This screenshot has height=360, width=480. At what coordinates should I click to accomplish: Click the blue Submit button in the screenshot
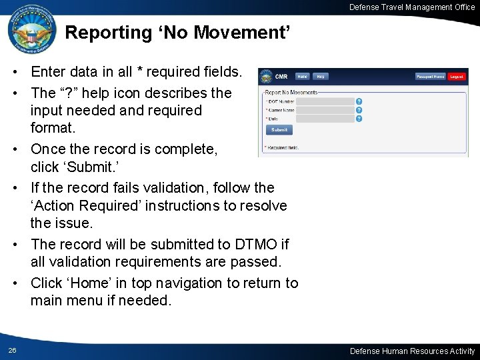pyautogui.click(x=279, y=130)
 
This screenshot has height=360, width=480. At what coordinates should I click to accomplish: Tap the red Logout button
pyautogui.click(x=457, y=77)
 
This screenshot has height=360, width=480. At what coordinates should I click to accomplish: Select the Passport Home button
pyautogui.click(x=431, y=77)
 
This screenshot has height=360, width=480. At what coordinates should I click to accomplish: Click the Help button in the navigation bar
pyautogui.click(x=321, y=77)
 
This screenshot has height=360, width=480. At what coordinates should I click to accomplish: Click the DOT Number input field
pyautogui.click(x=325, y=101)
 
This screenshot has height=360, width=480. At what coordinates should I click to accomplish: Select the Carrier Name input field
pyautogui.click(x=325, y=110)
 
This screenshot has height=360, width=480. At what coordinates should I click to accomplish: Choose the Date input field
pyautogui.click(x=325, y=119)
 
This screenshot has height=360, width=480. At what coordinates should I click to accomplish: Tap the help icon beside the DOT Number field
pyautogui.click(x=359, y=101)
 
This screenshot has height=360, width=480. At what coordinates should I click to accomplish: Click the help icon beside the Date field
pyautogui.click(x=359, y=119)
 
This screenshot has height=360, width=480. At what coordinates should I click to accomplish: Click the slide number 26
pyautogui.click(x=13, y=351)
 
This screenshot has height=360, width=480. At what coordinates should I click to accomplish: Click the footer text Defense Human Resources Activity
pyautogui.click(x=413, y=351)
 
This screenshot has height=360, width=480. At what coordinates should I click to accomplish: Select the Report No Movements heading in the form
pyautogui.click(x=291, y=92)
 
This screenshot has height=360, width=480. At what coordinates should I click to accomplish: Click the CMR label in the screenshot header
pyautogui.click(x=281, y=77)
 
